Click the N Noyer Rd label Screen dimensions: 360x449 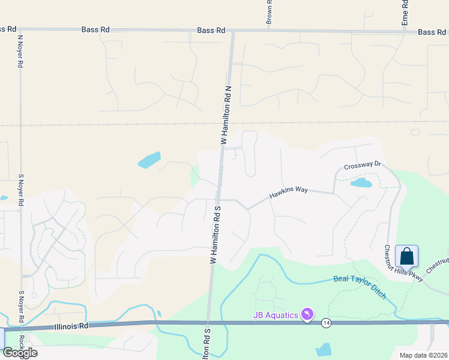20,50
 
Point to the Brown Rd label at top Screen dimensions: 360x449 270,11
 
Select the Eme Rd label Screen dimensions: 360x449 405,12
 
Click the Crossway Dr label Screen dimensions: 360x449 363,164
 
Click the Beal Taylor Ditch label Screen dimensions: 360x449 360,287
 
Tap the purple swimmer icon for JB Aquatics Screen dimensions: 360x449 307,314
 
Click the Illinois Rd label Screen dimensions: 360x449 71,326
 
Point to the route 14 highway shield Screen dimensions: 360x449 325,323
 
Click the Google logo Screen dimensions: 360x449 20,352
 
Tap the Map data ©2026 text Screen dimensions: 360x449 423,355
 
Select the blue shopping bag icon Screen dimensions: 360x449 407,256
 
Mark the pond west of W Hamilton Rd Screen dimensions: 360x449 149,160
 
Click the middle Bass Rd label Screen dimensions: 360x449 211,31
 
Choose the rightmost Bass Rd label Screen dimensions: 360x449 432,32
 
